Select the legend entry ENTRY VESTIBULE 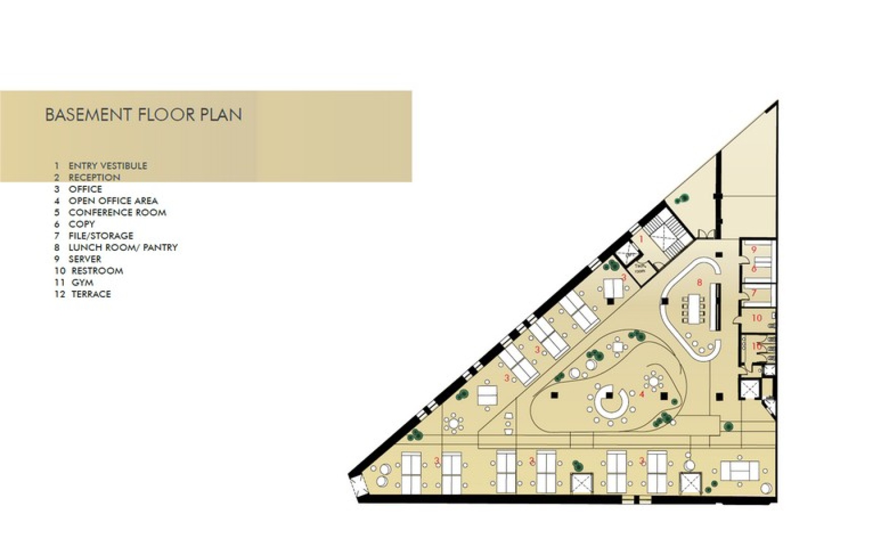[107, 166]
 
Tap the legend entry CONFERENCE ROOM [117, 212]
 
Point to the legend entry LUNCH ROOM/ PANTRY [123, 247]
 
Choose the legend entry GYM [82, 282]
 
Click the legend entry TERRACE [91, 294]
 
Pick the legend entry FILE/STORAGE [101, 236]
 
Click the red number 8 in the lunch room [700, 283]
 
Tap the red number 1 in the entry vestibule [641, 239]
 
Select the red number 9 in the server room [754, 249]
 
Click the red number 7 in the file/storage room [754, 293]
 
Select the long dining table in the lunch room [693, 308]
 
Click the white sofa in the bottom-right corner [740, 471]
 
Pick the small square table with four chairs [618, 347]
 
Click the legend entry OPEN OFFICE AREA [113, 201]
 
